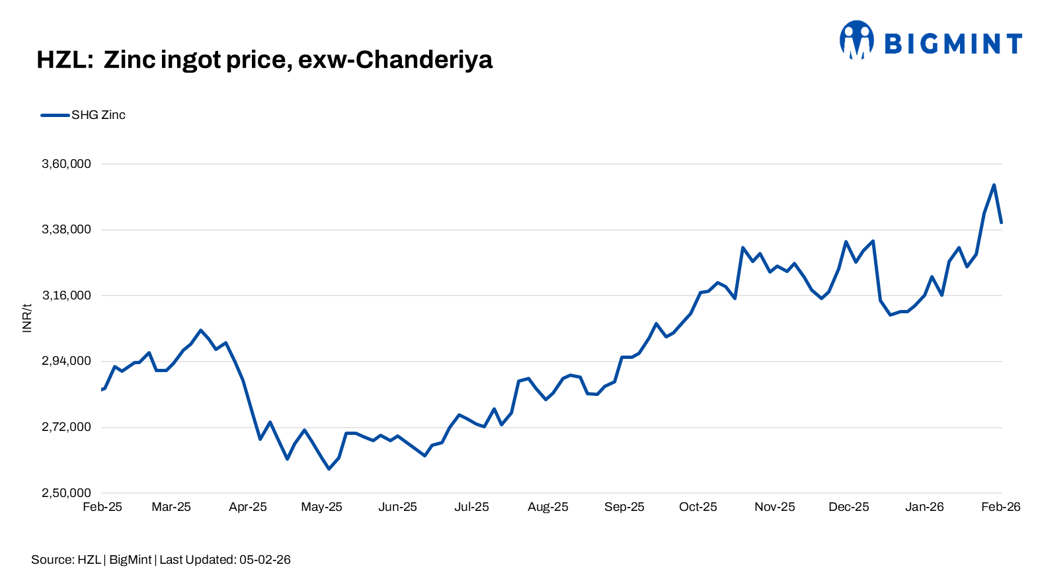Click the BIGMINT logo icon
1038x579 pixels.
tap(857, 40)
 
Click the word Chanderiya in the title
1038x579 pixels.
tap(424, 60)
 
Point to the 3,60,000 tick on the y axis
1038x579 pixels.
tap(66, 164)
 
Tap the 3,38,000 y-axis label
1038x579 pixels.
tap(66, 229)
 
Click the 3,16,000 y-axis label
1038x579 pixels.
tap(66, 295)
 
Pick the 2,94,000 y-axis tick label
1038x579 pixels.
tap(66, 361)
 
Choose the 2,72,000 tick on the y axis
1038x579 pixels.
tap(66, 427)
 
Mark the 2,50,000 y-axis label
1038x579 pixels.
tap(66, 493)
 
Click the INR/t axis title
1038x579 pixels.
tap(27, 318)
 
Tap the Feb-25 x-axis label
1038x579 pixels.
tap(102, 507)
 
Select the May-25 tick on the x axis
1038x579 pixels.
tap(321, 507)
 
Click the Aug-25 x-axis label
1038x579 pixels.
tap(547, 507)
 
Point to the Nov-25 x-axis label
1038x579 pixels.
tap(775, 507)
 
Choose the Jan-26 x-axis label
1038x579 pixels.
tap(924, 507)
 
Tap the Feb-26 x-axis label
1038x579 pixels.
tap(1000, 507)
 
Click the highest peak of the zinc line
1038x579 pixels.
tap(994, 185)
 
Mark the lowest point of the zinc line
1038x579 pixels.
tap(329, 469)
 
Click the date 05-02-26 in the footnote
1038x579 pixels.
tap(265, 560)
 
